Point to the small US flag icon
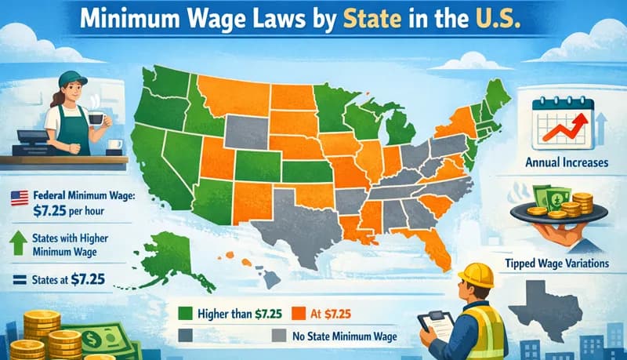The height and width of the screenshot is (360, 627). (18, 196)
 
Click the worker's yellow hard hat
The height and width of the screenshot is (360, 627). (477, 275)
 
